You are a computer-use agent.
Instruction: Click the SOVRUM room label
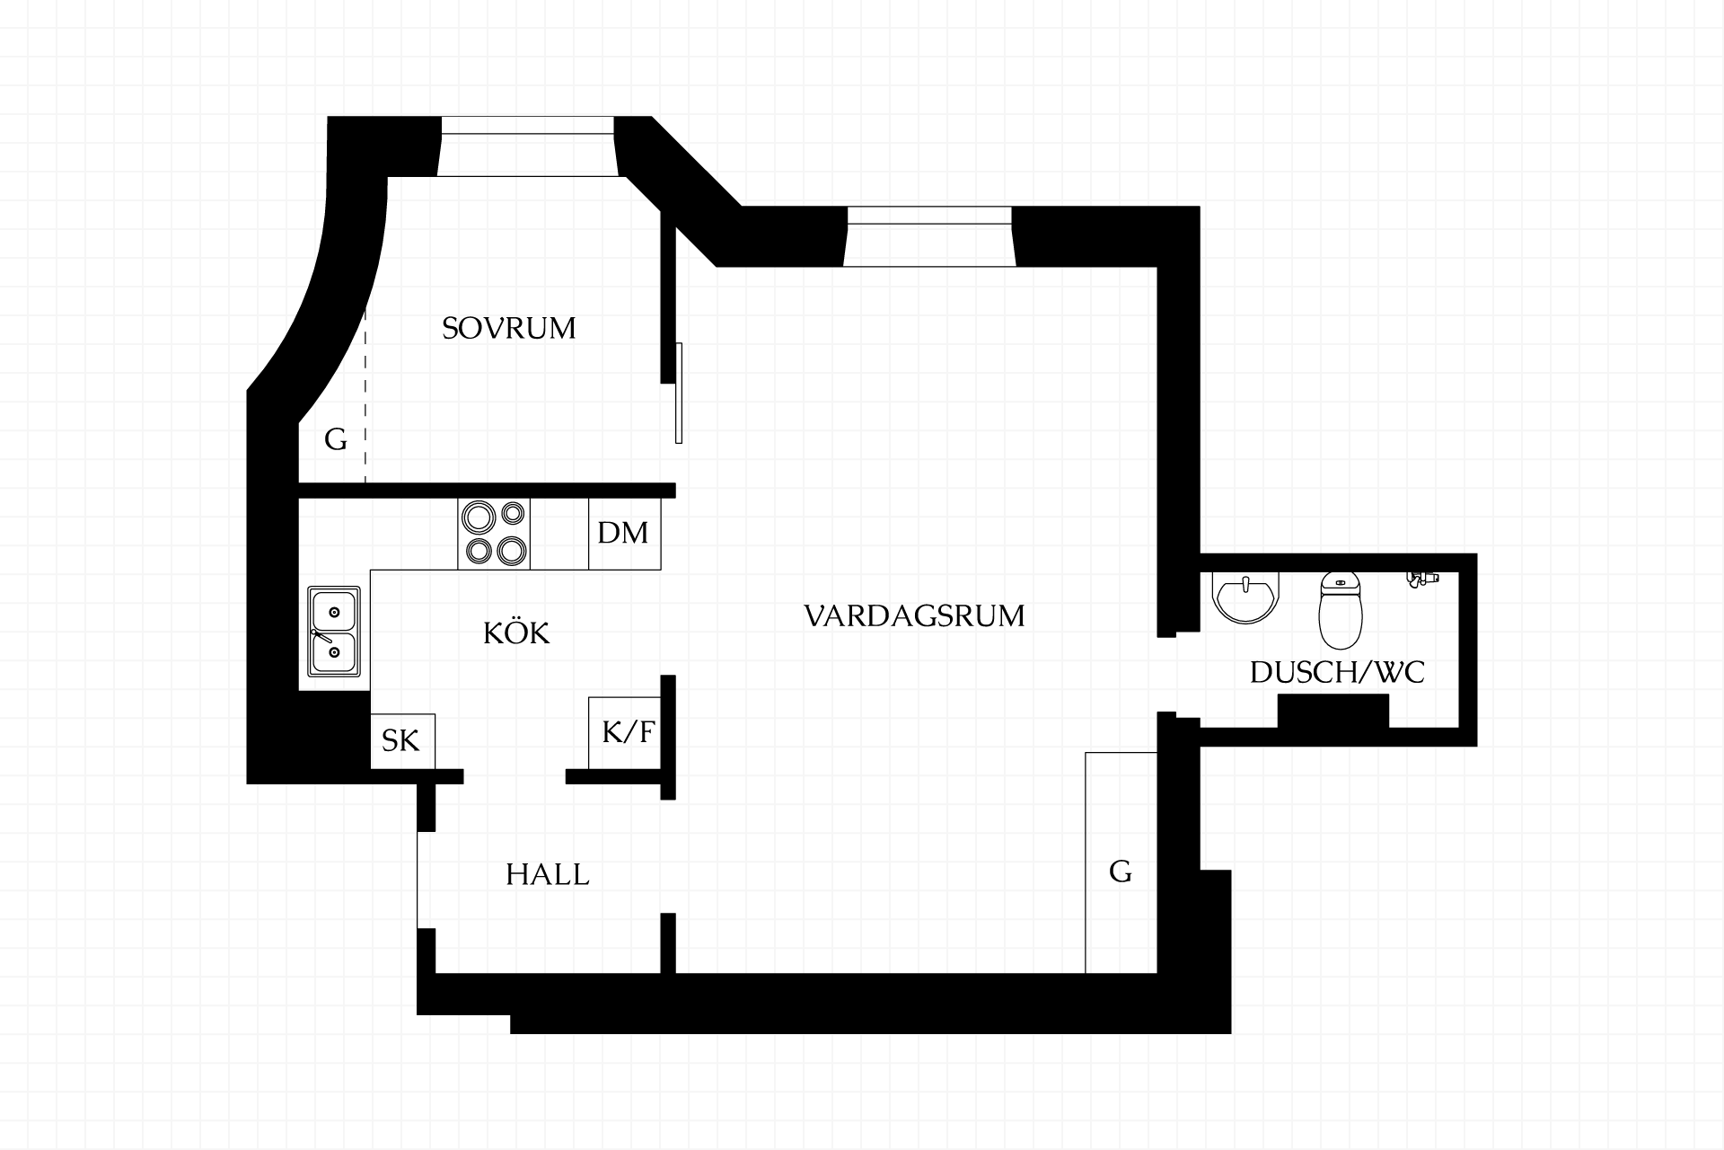[509, 328]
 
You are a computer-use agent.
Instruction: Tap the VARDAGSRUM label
[914, 616]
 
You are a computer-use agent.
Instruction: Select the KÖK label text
[516, 632]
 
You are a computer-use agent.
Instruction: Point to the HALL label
[548, 874]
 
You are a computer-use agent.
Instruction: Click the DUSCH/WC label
[1337, 672]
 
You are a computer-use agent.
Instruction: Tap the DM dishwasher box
[624, 533]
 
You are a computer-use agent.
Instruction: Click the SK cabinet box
[402, 741]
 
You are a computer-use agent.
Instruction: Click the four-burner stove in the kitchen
[494, 534]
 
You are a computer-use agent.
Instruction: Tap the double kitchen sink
[334, 632]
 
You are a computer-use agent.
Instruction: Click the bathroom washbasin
[1245, 596]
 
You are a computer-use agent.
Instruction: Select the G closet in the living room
[1121, 862]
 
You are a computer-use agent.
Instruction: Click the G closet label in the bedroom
[335, 439]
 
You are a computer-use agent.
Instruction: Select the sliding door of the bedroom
[679, 393]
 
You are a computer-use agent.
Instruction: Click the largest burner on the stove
[478, 517]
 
